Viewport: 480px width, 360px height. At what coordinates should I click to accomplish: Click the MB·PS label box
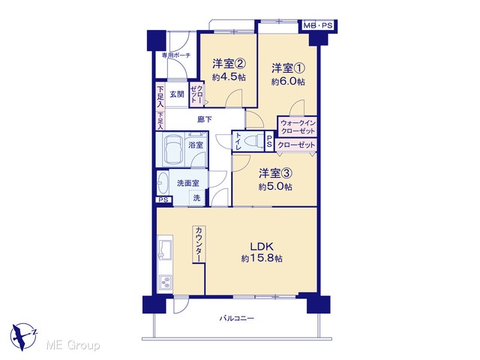tap(318, 25)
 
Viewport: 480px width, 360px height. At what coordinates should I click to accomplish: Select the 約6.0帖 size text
tap(288, 82)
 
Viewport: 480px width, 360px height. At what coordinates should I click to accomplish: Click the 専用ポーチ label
tap(176, 55)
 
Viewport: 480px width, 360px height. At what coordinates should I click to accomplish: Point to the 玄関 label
tap(177, 94)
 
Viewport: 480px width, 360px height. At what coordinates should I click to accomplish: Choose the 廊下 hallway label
tap(205, 119)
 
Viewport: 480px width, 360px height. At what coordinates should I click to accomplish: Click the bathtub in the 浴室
tap(173, 150)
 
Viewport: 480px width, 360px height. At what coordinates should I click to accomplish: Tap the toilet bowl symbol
tap(255, 142)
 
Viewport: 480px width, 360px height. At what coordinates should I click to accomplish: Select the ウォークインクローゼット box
tap(298, 127)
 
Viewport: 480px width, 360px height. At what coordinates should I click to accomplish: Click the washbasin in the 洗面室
tap(163, 183)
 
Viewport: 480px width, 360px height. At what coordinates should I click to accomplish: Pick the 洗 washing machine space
tap(196, 198)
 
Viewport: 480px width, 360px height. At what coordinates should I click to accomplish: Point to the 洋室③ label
tap(275, 173)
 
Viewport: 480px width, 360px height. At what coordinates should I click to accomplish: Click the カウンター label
tap(199, 244)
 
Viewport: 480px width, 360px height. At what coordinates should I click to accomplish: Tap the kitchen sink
tap(165, 250)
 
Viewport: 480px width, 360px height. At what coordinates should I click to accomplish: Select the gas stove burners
tap(165, 283)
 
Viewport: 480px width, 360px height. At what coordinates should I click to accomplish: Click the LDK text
tap(262, 247)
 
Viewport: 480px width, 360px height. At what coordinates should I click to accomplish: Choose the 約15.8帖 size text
tap(262, 258)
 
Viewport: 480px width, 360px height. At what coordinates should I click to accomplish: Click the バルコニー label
tap(237, 318)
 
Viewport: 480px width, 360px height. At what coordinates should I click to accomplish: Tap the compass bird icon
tap(23, 336)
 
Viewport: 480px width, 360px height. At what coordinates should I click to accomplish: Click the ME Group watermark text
tap(73, 345)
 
